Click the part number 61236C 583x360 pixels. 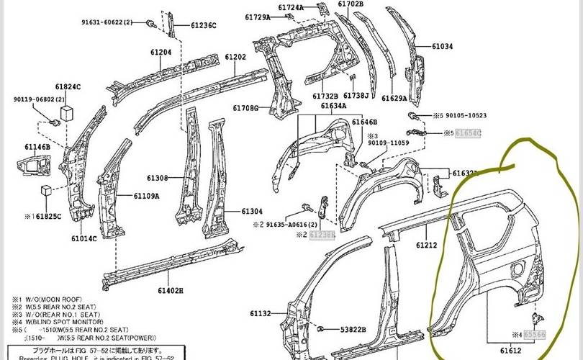click(x=204, y=25)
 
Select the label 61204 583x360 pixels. click(x=161, y=52)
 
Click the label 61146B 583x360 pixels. click(x=37, y=147)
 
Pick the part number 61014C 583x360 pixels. click(x=83, y=238)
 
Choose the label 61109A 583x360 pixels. click(x=146, y=196)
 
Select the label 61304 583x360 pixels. click(x=252, y=211)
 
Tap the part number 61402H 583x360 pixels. click(x=171, y=290)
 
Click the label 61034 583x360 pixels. click(x=443, y=47)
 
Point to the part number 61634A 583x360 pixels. click(x=333, y=106)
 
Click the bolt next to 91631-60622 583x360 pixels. click(x=151, y=24)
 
